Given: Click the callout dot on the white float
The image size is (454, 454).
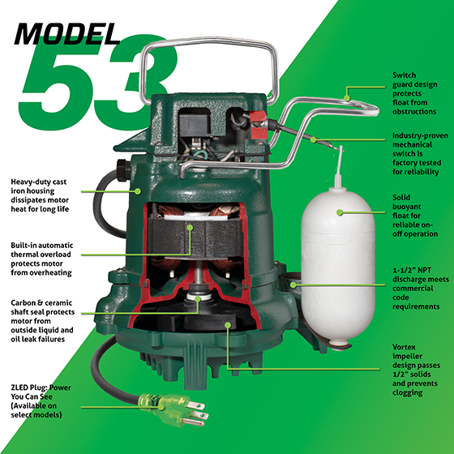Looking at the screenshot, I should tap(339, 212).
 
